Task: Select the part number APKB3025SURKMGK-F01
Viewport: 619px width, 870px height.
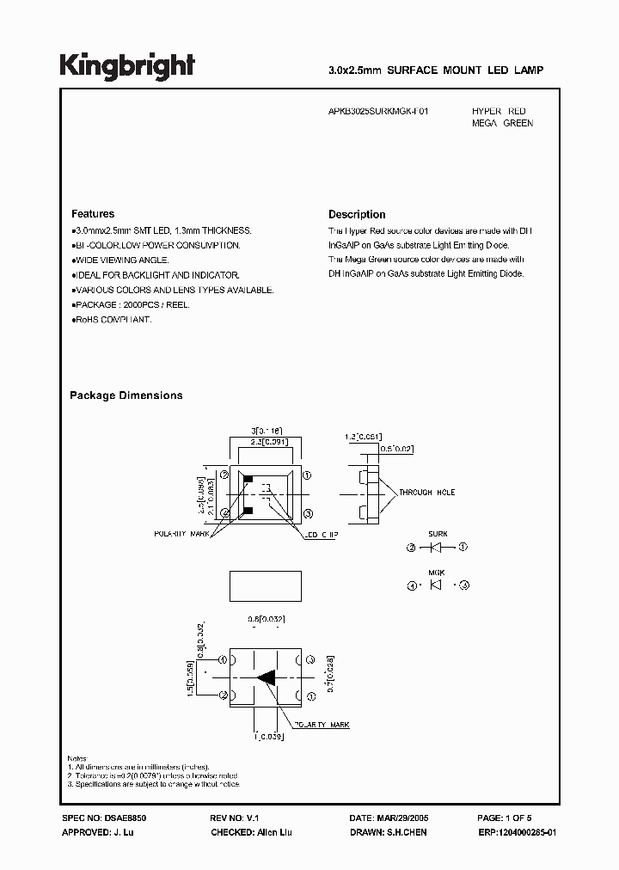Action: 379,112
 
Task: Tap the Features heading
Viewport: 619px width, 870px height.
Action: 93,214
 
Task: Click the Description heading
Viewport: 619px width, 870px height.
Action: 357,215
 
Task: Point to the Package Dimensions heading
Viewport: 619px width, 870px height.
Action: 126,395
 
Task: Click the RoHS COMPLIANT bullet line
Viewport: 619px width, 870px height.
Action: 112,320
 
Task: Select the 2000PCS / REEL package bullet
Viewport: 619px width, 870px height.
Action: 131,305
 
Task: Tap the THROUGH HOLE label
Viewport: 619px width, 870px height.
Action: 426,493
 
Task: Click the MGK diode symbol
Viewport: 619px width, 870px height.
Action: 438,585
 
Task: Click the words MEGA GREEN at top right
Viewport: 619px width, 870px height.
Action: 502,124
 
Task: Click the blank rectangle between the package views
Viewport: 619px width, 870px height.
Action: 266,585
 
